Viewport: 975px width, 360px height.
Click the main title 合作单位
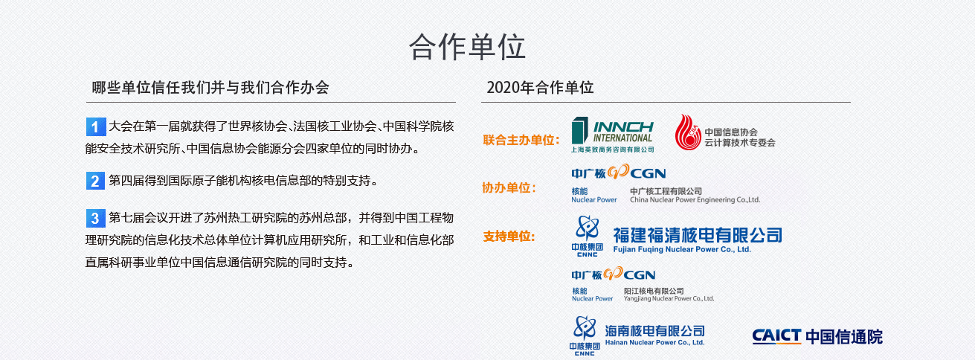coord(467,47)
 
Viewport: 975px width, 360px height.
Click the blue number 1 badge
coord(96,127)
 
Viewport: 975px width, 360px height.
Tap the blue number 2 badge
coord(95,181)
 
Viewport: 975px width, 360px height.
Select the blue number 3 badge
coord(96,218)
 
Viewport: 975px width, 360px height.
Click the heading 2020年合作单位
coord(540,88)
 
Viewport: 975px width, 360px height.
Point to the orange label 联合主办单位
coord(521,140)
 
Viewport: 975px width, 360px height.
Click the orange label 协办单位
coord(509,187)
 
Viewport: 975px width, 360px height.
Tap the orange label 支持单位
coord(509,237)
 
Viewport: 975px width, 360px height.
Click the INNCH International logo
coord(612,135)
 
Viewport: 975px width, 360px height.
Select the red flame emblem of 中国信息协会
coord(688,132)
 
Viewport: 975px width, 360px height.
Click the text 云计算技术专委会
coord(740,143)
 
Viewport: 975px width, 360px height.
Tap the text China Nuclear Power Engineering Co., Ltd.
coord(695,200)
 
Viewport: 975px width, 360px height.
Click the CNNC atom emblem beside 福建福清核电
coord(588,228)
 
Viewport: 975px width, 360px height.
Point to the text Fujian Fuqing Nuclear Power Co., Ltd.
coord(682,249)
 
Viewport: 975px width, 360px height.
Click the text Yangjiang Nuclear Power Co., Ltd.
coord(669,298)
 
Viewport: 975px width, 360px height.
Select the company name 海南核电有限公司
coord(655,331)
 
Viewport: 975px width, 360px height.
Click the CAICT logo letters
coord(776,336)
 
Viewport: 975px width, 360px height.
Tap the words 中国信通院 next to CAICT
coord(844,336)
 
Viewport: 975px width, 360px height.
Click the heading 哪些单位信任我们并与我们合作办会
coord(210,88)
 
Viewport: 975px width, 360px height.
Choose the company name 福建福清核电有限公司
coord(698,235)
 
